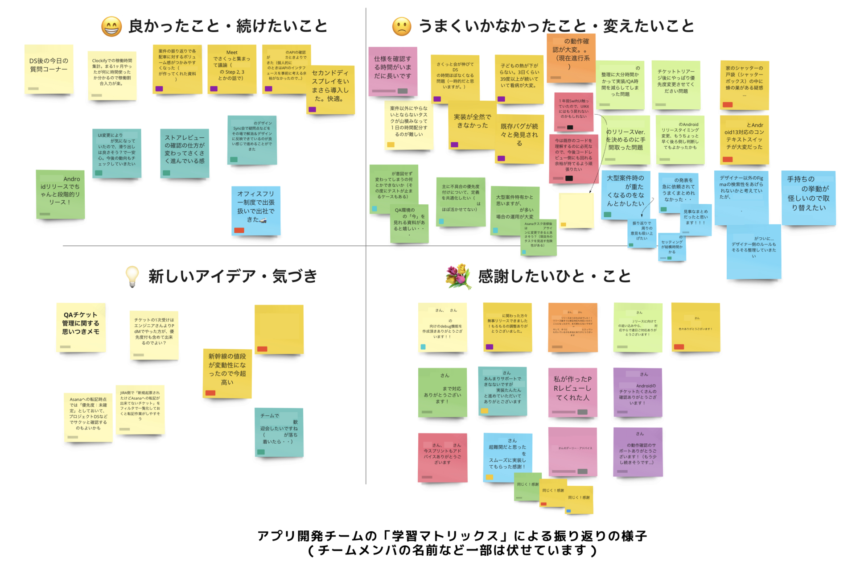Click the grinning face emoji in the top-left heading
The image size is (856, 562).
pos(111,26)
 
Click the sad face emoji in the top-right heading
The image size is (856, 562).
pos(401,26)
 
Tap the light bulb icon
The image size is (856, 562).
pos(132,277)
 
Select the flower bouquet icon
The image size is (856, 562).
pos(458,276)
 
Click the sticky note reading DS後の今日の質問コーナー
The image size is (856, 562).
pos(49,69)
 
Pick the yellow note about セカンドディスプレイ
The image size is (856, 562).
pos(330,89)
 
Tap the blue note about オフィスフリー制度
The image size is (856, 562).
pos(256,210)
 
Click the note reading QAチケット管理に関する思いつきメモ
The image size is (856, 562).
pos(81,327)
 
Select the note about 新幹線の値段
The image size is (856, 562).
pos(227,373)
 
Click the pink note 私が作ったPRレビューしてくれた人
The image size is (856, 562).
pos(572,392)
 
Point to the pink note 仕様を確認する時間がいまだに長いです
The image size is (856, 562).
pos(393,71)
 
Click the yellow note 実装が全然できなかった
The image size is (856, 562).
pos(472,125)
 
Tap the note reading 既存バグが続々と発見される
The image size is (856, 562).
pos(519,138)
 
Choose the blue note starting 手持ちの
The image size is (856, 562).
pos(808,198)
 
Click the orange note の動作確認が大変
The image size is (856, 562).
pos(571,58)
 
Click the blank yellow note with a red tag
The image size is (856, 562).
pos(279,329)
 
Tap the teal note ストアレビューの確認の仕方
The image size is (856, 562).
pos(185,153)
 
